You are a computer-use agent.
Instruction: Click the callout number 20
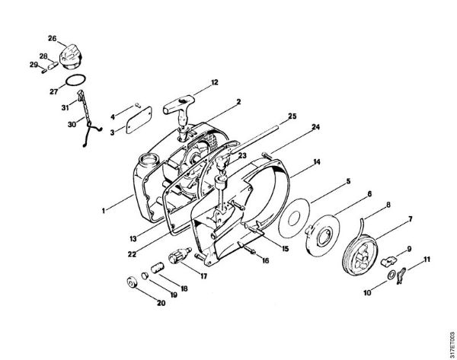pyautogui.click(x=161, y=303)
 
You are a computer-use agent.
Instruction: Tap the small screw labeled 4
pyautogui.click(x=137, y=106)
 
